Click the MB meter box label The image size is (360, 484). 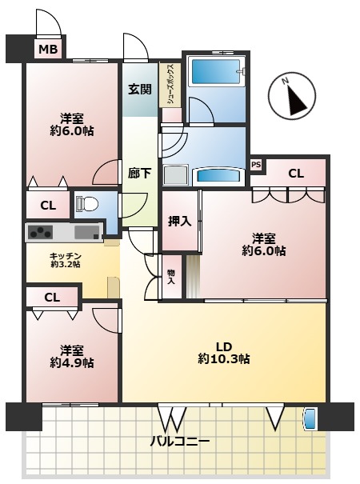[x=48, y=49]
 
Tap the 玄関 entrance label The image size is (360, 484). [x=140, y=90]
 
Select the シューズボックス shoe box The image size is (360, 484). [x=170, y=85]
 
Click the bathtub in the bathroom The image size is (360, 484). [x=216, y=72]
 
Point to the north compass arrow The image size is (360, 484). [x=296, y=99]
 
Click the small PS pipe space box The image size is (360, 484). [x=256, y=165]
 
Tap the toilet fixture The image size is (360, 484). [x=87, y=204]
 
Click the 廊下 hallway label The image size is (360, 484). [x=139, y=174]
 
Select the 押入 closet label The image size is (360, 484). [x=179, y=222]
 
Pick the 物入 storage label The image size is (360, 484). [x=170, y=277]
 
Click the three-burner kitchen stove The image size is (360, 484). [x=40, y=233]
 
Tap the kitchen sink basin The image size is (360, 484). [x=87, y=233]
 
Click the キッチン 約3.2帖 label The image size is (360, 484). [x=65, y=260]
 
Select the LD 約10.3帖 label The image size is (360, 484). [x=224, y=353]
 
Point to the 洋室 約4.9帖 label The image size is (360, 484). [x=72, y=357]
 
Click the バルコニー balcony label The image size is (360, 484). [x=180, y=441]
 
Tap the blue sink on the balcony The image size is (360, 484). [x=310, y=419]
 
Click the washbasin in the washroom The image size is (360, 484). [x=218, y=176]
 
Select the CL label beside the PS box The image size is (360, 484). [x=296, y=174]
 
